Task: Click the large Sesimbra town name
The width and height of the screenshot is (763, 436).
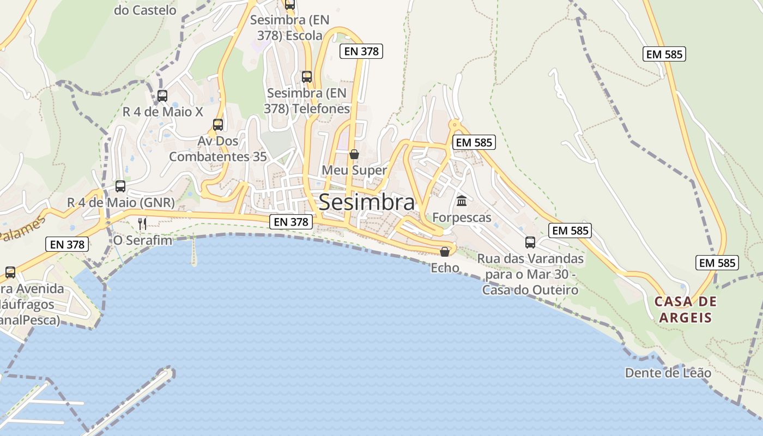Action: [366, 202]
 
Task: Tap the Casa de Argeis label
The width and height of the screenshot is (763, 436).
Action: [686, 310]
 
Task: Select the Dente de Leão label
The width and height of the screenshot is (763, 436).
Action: [668, 373]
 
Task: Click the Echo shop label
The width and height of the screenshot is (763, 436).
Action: [445, 268]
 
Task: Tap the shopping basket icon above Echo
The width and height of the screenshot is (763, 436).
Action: [445, 251]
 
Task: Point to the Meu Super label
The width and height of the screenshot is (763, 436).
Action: [354, 170]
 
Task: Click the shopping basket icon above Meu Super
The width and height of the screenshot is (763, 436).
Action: [354, 154]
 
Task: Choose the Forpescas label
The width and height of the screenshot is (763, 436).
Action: [462, 217]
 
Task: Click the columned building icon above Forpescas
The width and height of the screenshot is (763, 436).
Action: [462, 201]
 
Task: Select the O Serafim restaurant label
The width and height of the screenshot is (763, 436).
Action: [143, 240]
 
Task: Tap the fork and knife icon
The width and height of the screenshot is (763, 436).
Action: [142, 223]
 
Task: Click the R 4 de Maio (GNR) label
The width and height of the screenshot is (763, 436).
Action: [121, 203]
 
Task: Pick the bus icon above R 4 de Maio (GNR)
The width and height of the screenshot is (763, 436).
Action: [120, 186]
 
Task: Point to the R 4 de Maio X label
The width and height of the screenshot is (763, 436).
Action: [162, 112]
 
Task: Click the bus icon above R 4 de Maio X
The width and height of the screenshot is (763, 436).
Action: [162, 96]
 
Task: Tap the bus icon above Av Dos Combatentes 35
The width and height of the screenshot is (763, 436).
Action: [218, 125]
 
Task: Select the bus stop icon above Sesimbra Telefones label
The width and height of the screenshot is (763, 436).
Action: [307, 77]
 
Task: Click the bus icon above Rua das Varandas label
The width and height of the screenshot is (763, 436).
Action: [530, 242]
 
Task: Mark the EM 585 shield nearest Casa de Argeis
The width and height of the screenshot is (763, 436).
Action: [717, 263]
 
